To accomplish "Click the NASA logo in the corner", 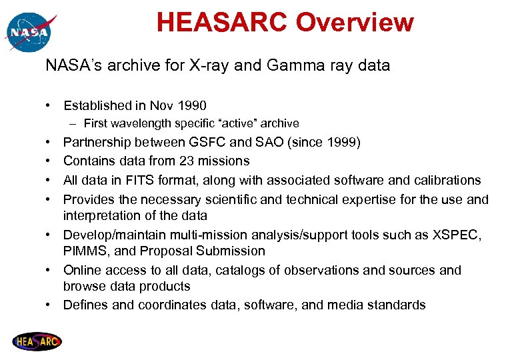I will click(x=29, y=31).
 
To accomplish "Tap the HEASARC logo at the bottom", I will click(x=37, y=342).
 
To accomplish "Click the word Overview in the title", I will click(x=354, y=23).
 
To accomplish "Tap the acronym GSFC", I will click(x=207, y=142).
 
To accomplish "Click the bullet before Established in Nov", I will click(x=50, y=105).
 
